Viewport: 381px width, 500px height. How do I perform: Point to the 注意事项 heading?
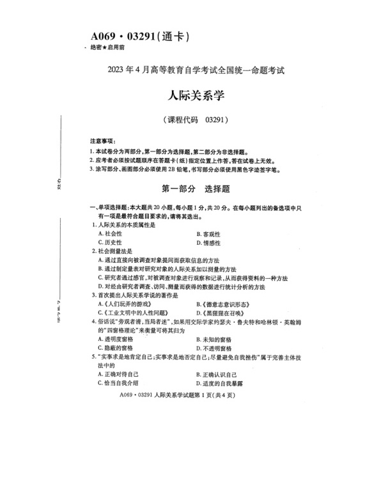click(x=102, y=140)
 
